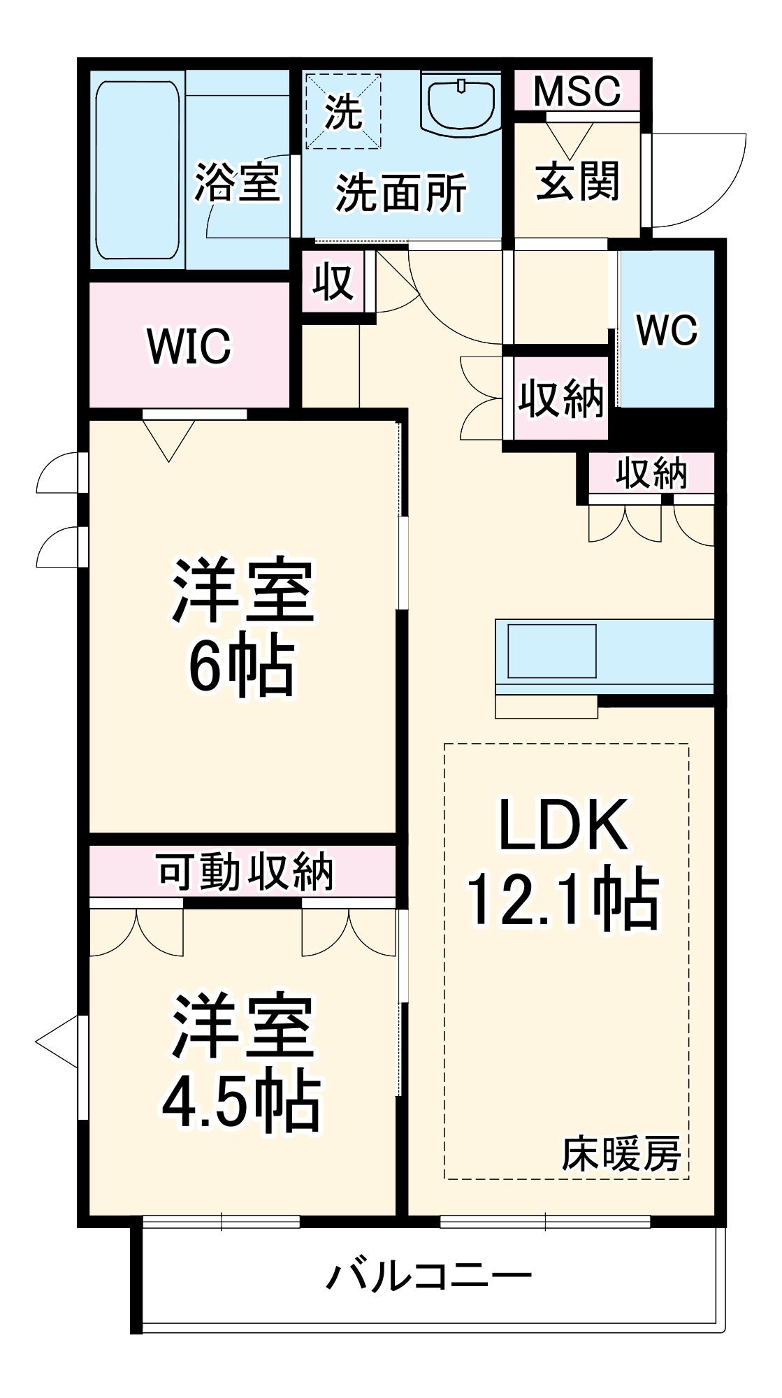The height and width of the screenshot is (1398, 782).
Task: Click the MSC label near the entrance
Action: click(577, 91)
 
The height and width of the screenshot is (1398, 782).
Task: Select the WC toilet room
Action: click(667, 329)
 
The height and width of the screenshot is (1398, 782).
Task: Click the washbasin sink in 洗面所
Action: click(461, 103)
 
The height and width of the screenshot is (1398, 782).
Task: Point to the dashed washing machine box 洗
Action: click(343, 111)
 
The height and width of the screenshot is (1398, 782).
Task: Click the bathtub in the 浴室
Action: click(137, 170)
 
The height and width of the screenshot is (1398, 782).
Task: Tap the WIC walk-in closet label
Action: click(189, 345)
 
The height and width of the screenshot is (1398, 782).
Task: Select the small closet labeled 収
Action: click(333, 282)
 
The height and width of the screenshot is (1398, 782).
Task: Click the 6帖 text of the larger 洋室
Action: click(241, 665)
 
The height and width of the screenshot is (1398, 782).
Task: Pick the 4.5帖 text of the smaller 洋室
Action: click(241, 1104)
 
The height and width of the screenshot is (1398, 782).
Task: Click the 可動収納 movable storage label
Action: click(245, 872)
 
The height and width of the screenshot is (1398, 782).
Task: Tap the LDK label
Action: click(562, 826)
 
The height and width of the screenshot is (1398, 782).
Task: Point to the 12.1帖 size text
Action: click(562, 899)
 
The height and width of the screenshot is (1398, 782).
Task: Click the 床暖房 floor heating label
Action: click(621, 1155)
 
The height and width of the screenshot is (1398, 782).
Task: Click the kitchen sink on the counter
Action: click(551, 651)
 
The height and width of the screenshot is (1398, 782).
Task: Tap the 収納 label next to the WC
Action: click(560, 399)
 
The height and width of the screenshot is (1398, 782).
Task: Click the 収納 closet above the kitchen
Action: click(651, 474)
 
